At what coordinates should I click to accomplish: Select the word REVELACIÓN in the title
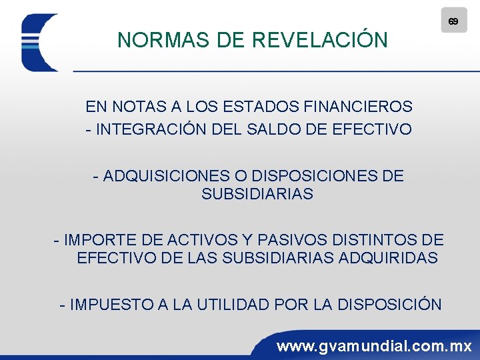[320, 41]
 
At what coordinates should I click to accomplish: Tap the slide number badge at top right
[453, 21]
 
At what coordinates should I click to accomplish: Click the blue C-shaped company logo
[39, 43]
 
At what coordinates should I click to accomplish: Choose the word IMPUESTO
[111, 305]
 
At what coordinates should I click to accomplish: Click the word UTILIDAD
[233, 305]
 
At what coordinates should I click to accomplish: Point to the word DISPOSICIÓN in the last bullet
[389, 305]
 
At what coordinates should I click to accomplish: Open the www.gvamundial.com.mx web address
[374, 347]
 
